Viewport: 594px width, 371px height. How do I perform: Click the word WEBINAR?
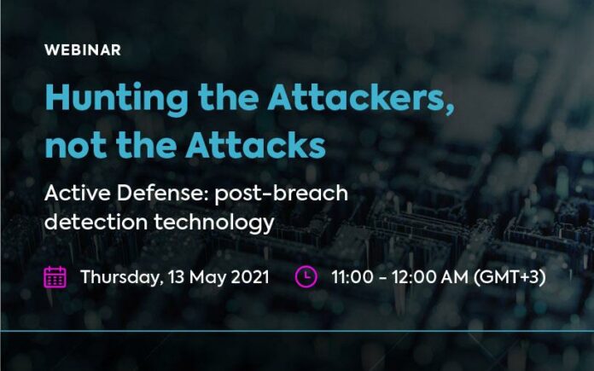click(x=83, y=50)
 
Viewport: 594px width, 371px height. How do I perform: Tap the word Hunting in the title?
click(x=117, y=99)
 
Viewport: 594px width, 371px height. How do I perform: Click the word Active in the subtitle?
click(x=78, y=193)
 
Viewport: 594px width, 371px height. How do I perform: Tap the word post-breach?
click(x=281, y=194)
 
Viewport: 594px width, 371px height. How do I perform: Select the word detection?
click(x=96, y=222)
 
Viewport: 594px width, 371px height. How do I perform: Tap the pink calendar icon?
click(x=55, y=277)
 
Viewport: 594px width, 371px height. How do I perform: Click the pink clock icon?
click(x=306, y=276)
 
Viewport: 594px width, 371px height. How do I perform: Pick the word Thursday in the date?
click(x=121, y=277)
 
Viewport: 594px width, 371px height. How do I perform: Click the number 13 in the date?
click(x=176, y=276)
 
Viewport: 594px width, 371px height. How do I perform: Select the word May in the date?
click(x=207, y=278)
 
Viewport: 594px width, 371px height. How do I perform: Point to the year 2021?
click(x=250, y=276)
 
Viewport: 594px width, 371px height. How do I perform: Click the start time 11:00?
click(x=352, y=277)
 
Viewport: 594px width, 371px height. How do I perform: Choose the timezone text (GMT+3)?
click(x=510, y=277)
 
